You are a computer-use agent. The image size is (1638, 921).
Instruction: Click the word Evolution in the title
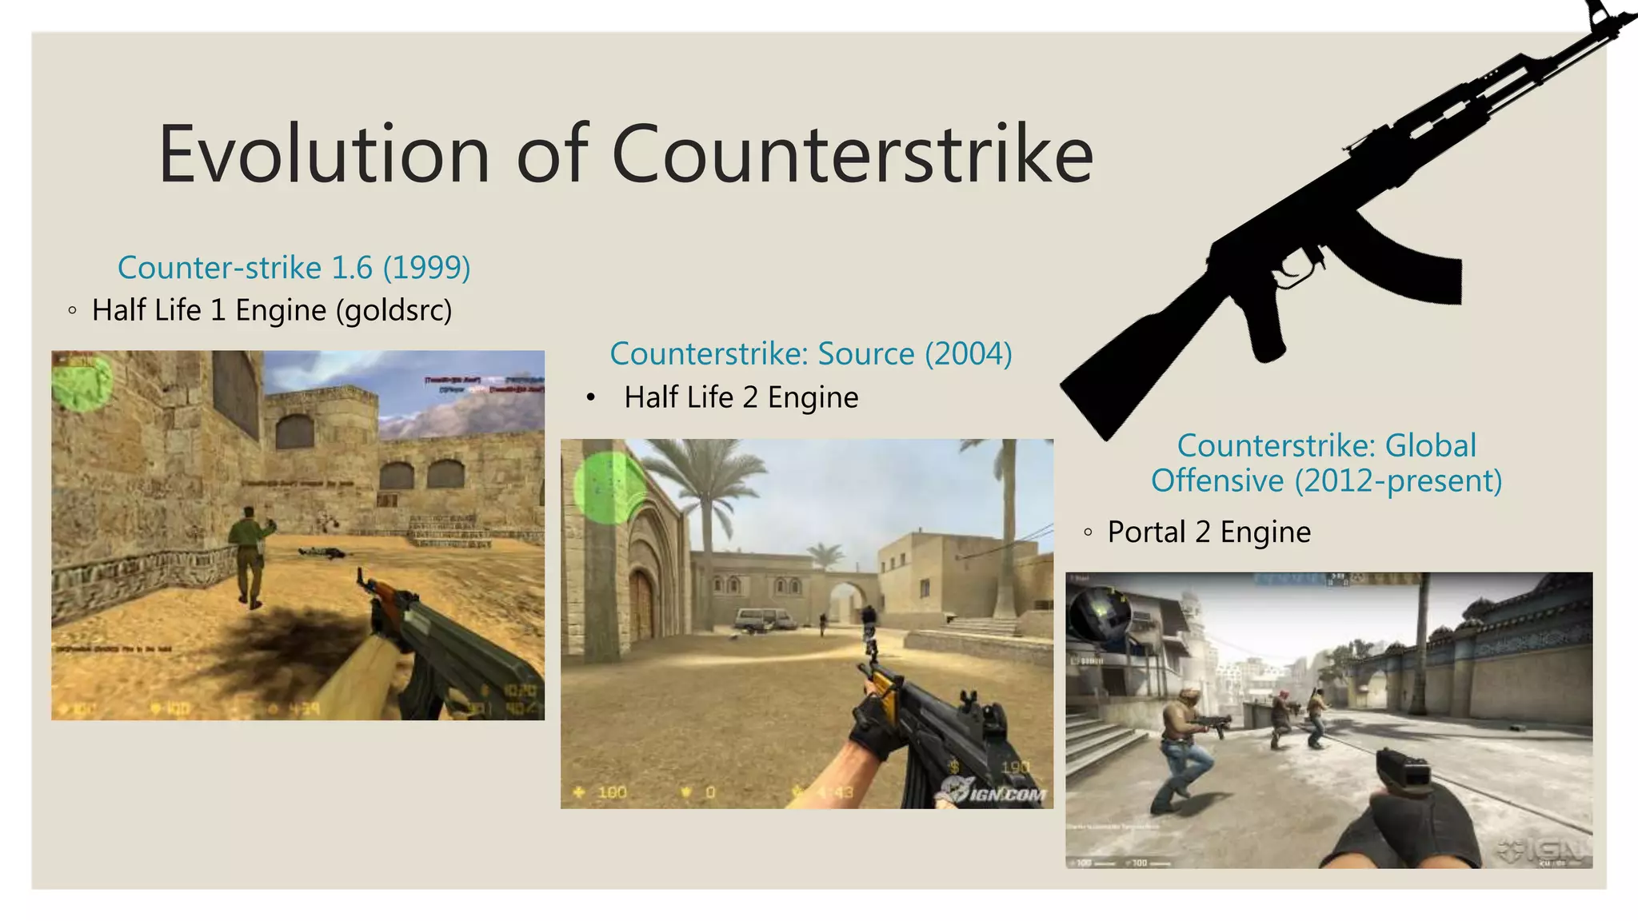click(324, 154)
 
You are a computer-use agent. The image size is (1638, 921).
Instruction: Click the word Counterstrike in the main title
click(852, 154)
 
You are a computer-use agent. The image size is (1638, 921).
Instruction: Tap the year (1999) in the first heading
click(426, 268)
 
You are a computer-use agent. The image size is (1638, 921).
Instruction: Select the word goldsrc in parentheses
click(394, 310)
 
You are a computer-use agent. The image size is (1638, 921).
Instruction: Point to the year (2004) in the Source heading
click(969, 353)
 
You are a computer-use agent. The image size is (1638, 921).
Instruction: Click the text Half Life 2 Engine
click(741, 397)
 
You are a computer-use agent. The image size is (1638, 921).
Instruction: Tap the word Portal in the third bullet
click(1146, 532)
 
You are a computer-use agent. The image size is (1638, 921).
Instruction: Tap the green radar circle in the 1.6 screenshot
click(82, 382)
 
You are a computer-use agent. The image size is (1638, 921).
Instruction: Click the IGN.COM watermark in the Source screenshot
click(994, 791)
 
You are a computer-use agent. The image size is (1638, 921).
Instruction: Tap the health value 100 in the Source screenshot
click(612, 792)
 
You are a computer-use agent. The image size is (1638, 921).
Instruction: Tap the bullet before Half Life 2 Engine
click(591, 397)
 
